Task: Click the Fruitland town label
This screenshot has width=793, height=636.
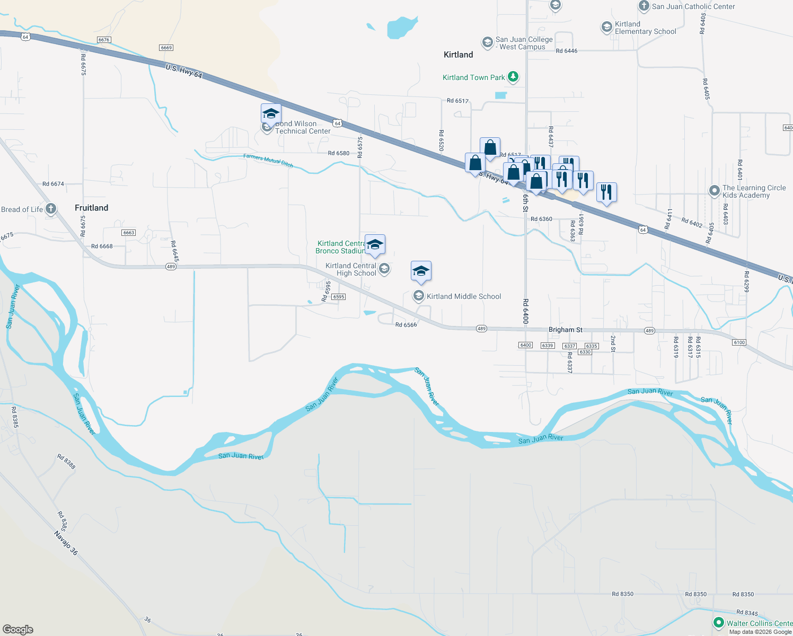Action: (91, 208)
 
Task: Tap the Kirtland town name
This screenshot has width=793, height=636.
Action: (458, 55)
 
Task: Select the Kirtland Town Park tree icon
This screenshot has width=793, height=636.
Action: (513, 77)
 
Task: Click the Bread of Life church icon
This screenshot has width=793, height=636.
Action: (51, 209)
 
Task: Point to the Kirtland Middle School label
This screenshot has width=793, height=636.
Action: (464, 296)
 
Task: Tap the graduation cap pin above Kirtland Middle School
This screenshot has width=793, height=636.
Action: (421, 271)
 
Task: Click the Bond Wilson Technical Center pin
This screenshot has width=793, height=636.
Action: (271, 114)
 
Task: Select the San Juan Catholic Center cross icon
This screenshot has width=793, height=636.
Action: (644, 6)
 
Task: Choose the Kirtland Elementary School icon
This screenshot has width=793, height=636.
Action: (606, 28)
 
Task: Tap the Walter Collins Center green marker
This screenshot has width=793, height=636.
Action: (719, 623)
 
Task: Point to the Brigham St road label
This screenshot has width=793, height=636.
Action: (565, 330)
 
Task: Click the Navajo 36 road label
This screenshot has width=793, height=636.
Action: (66, 543)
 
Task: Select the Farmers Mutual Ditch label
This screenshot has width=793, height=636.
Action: (268, 160)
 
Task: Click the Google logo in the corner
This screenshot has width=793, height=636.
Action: (18, 629)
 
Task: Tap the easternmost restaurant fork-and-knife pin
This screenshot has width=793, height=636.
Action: (606, 192)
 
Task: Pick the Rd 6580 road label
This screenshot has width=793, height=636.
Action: (338, 153)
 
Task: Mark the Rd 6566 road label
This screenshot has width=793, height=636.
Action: (406, 325)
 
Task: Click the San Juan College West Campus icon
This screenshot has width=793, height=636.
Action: (487, 42)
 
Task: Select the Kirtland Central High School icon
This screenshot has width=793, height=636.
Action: (384, 269)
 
